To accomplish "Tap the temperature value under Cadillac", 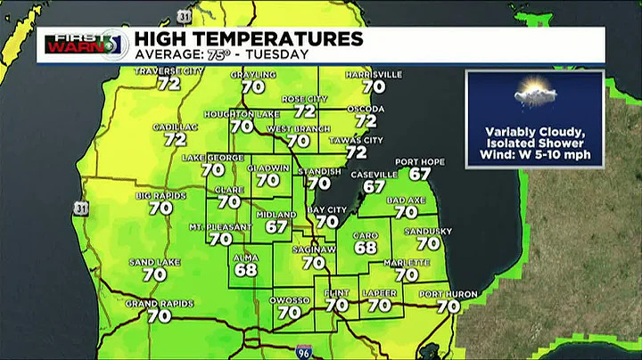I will click(x=175, y=139).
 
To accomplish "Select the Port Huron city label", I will click(x=449, y=294).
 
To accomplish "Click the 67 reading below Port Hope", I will click(x=420, y=174).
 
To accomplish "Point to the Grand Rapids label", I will click(x=160, y=304).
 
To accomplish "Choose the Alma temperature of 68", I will click(x=246, y=269).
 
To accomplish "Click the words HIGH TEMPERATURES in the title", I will click(x=248, y=39).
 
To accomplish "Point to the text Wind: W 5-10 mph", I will click(x=535, y=154).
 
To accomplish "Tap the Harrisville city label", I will click(x=374, y=75).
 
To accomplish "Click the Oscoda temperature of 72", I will click(x=366, y=120).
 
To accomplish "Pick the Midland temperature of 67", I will click(x=276, y=226).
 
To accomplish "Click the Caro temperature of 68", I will click(x=366, y=247).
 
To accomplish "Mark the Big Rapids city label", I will click(x=160, y=195).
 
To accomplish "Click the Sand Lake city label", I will click(x=155, y=263).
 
